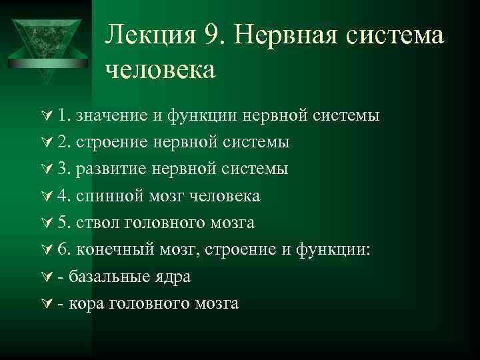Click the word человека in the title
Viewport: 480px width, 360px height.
click(160, 69)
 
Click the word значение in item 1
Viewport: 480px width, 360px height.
click(111, 115)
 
